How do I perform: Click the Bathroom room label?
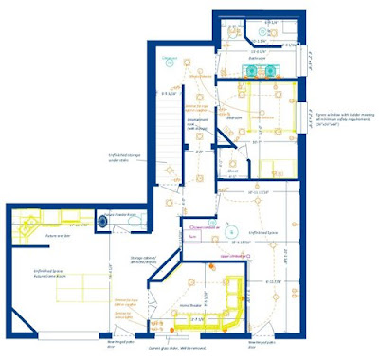point(255,58)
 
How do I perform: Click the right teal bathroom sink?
point(275,70)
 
